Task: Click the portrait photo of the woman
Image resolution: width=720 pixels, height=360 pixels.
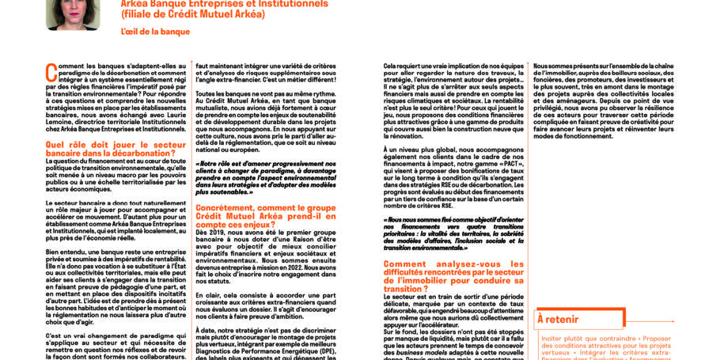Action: click(73, 13)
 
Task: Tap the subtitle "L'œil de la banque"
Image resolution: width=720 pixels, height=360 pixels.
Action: click(155, 32)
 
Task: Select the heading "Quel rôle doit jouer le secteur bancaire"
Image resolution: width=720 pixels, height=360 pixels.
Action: click(116, 149)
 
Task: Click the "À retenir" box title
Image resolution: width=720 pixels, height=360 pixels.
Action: click(557, 319)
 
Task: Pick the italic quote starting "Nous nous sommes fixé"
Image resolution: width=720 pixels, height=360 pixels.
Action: click(453, 233)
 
